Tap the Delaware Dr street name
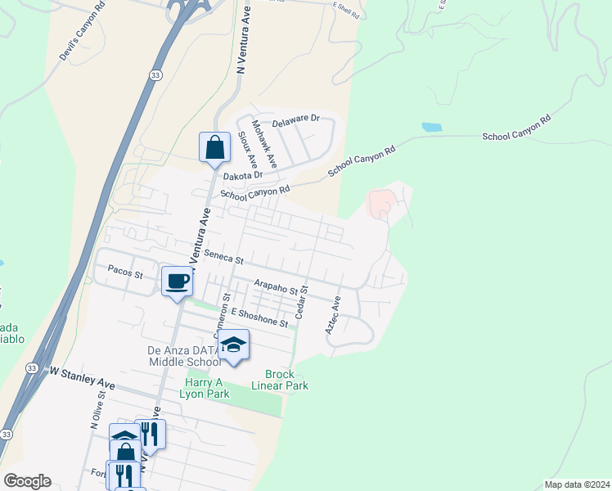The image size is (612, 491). pos(296,120)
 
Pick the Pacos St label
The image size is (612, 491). pos(125,270)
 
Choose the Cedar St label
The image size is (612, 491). pos(301,301)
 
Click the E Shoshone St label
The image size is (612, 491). pos(259,318)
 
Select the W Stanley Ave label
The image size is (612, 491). pos(83,377)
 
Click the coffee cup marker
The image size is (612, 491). pos(177,282)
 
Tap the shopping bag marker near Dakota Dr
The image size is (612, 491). pos(214,147)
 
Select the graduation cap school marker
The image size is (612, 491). pos(233,345)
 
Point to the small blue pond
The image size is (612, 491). pos(431,128)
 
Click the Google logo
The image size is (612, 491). pos(27,481)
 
